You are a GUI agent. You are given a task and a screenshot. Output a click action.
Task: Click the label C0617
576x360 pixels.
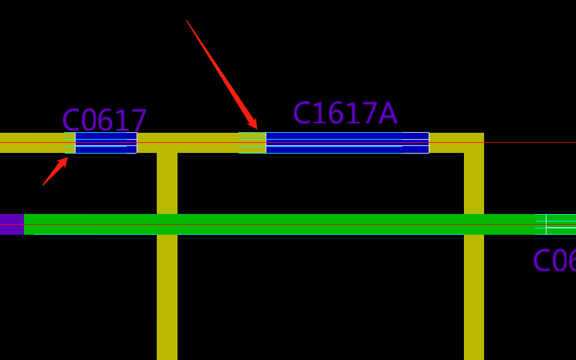click(104, 120)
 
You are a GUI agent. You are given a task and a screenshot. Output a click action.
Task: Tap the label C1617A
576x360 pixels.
click(344, 114)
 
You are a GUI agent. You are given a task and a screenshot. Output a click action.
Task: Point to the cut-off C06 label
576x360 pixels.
click(554, 261)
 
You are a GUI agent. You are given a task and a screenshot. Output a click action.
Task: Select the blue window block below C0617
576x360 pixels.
click(106, 143)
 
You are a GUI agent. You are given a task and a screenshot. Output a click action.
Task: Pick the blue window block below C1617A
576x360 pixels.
click(347, 143)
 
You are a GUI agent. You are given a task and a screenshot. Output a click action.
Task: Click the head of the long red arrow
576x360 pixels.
click(255, 127)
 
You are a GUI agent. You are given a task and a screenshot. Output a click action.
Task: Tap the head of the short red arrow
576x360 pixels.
click(65, 159)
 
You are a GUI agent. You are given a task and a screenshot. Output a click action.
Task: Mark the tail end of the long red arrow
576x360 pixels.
click(187, 21)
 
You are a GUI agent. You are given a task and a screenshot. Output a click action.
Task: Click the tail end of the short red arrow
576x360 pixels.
click(43, 185)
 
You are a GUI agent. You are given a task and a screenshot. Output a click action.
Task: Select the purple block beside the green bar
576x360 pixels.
click(11, 224)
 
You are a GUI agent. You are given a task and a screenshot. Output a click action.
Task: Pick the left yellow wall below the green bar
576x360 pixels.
click(167, 296)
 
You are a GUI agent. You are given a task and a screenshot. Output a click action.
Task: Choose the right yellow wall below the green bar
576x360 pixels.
click(474, 296)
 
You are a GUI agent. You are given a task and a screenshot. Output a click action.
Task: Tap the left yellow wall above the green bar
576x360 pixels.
click(167, 183)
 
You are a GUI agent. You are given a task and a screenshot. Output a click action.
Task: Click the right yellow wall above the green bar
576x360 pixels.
click(474, 183)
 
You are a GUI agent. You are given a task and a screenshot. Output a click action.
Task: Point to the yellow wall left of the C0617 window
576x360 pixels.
click(31, 143)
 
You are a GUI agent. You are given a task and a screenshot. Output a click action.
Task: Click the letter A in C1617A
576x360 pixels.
click(388, 114)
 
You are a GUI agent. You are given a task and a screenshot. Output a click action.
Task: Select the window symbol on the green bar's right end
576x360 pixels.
click(556, 224)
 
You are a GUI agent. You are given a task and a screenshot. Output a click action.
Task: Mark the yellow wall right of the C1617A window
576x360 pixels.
click(455, 143)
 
